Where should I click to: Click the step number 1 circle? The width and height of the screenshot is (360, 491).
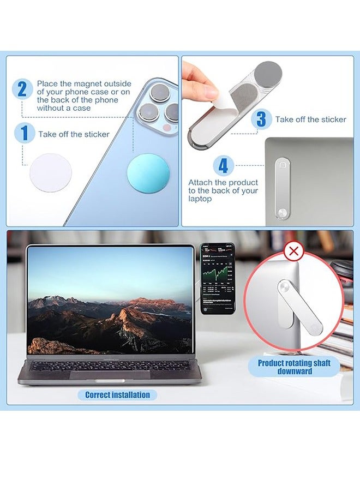(22, 134)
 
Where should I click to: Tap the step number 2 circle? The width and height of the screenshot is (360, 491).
(22, 89)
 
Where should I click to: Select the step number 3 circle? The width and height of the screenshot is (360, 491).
(262, 119)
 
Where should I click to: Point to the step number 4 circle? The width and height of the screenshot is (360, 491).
(224, 165)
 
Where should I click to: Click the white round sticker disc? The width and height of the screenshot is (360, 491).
(50, 171)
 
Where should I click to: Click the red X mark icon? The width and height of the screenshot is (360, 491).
(294, 252)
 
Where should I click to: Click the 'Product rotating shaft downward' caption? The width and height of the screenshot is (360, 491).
(294, 367)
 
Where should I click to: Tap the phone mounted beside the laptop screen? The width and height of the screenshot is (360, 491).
(217, 278)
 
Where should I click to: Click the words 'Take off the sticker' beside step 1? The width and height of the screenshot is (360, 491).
(74, 134)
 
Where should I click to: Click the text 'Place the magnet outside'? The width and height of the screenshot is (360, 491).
(84, 83)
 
